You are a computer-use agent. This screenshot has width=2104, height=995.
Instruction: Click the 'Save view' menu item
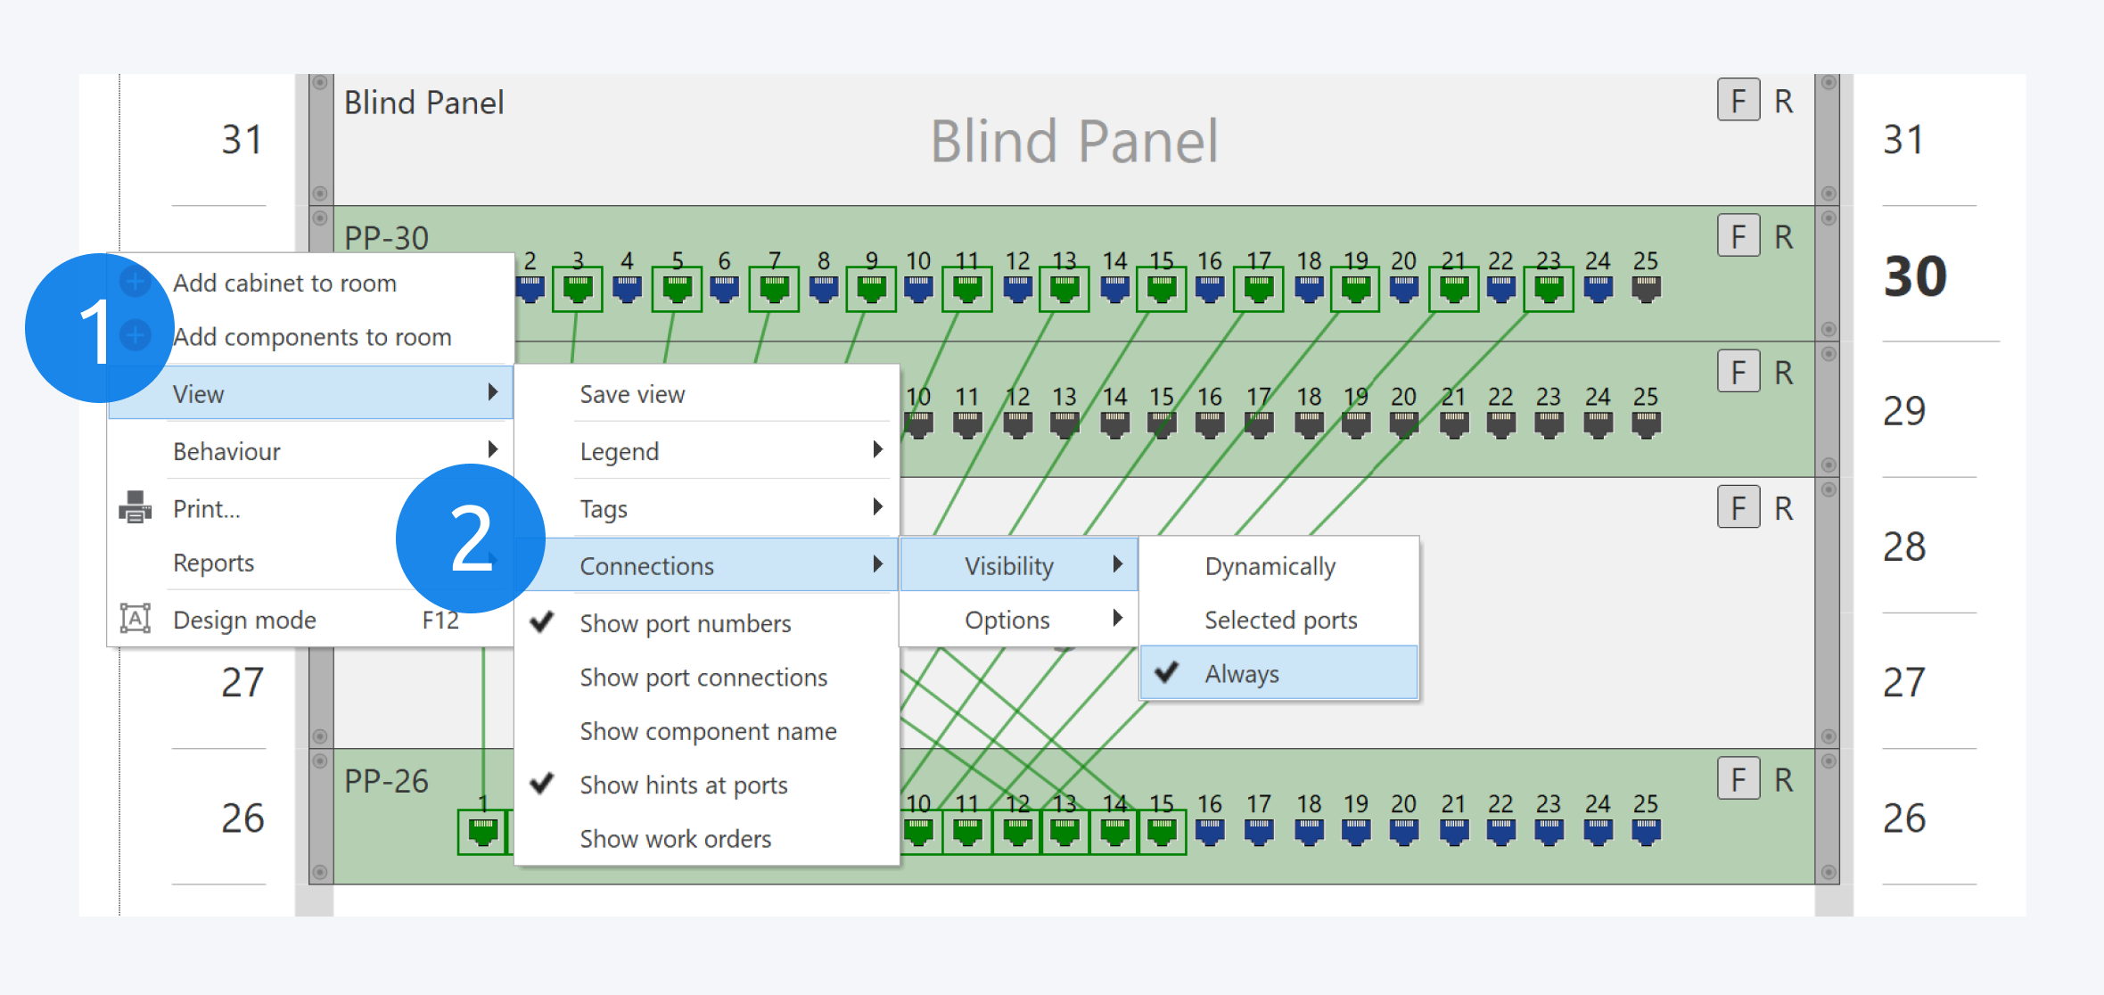coord(632,394)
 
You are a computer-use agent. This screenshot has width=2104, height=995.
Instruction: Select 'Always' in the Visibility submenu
coord(1241,674)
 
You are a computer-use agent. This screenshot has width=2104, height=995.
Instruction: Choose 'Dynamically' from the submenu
coord(1270,566)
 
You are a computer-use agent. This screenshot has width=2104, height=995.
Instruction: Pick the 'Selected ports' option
coord(1280,620)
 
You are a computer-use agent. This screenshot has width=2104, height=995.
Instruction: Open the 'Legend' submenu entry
coord(620,451)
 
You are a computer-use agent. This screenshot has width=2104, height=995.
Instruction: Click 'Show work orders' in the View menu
coord(675,839)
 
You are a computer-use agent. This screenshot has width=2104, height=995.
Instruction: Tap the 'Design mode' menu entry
coord(244,620)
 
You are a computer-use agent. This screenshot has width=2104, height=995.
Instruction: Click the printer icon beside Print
coord(136,508)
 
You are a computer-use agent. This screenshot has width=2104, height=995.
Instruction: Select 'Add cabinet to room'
coord(284,283)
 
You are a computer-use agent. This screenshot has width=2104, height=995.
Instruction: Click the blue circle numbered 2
coord(470,539)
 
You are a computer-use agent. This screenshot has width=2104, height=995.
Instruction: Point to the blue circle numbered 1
coord(98,328)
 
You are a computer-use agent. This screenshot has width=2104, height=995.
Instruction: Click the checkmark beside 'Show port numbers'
coord(542,622)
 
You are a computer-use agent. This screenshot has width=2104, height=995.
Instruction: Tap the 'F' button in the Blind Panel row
coord(1738,101)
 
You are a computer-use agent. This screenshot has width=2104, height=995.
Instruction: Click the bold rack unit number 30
coord(1915,276)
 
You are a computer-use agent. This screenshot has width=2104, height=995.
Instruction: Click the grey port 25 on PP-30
coord(1646,289)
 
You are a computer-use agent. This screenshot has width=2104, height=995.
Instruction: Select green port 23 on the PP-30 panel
coord(1549,289)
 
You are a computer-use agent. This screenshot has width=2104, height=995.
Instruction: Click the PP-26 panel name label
coord(386,781)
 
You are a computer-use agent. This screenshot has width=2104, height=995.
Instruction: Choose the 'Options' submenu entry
coord(1007,620)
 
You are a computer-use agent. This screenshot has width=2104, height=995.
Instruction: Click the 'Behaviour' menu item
coord(226,451)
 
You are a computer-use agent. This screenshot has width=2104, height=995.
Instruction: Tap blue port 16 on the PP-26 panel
coord(1210,832)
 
